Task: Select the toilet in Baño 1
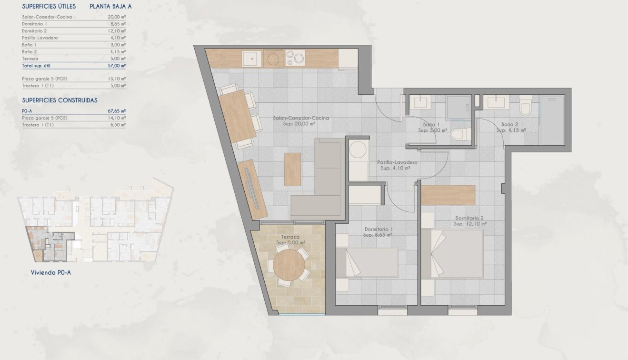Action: coord(459,135)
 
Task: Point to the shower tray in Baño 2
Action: coord(552,120)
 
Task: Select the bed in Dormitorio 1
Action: coord(366,262)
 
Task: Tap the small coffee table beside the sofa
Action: coord(292,169)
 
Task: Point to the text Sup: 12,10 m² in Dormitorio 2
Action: coord(469,223)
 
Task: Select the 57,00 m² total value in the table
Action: coord(117,66)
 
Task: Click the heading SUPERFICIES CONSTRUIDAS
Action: coord(60,100)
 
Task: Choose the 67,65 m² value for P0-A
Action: coord(117,110)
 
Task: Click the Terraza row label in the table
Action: coord(30,59)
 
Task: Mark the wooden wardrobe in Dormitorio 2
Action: coord(448,195)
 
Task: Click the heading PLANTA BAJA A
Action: coord(110,7)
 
